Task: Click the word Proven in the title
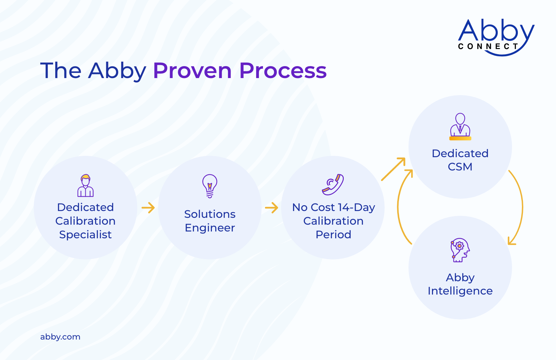click(x=192, y=71)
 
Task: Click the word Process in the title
click(x=283, y=71)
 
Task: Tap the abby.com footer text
click(x=60, y=337)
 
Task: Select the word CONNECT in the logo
click(x=488, y=46)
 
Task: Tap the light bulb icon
click(x=210, y=186)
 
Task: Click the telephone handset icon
click(x=333, y=184)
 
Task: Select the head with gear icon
click(x=460, y=250)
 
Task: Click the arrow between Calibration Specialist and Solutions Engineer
click(x=148, y=207)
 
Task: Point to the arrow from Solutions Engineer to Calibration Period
click(x=272, y=207)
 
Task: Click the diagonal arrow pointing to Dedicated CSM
click(x=393, y=169)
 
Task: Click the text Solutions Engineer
click(x=210, y=221)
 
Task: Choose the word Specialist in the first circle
click(x=85, y=235)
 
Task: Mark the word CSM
click(x=460, y=167)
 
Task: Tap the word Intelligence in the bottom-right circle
click(x=460, y=291)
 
